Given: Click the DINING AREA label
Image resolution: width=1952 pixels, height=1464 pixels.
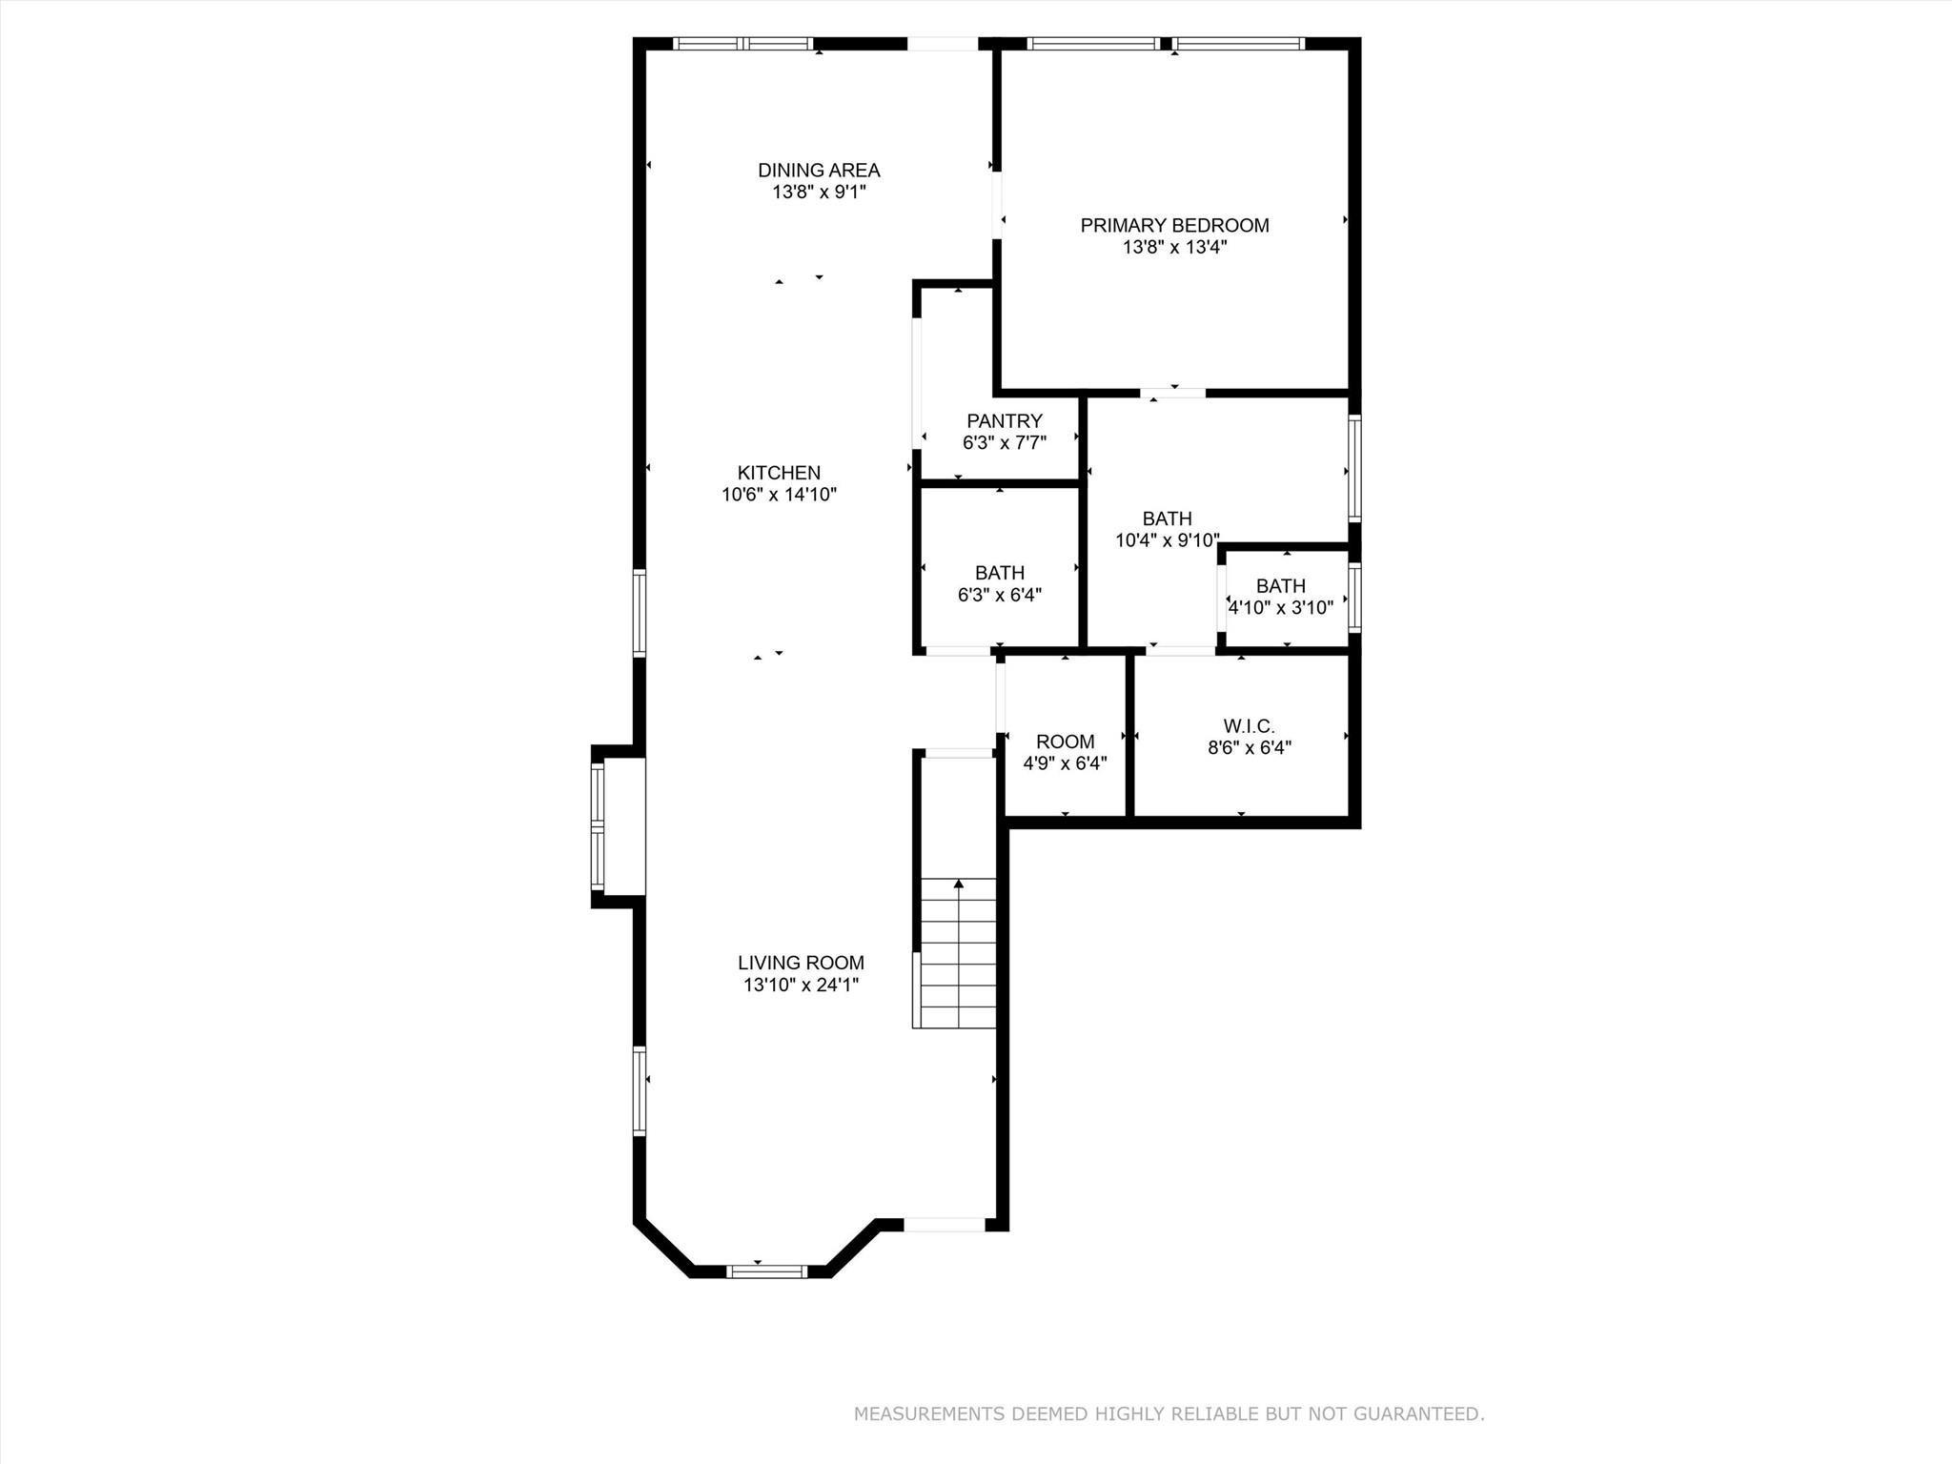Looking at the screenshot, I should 819,171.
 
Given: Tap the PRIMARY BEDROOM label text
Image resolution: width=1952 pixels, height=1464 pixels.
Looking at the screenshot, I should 1174,226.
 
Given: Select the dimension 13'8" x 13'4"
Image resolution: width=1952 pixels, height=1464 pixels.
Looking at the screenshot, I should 1174,248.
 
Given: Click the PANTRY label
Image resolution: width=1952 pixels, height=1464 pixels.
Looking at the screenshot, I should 1004,421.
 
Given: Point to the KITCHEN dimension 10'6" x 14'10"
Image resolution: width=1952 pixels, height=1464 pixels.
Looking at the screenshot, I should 779,495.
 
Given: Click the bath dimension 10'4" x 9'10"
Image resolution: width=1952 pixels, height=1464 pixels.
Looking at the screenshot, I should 1167,540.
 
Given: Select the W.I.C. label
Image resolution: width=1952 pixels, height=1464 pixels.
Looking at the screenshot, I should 1249,727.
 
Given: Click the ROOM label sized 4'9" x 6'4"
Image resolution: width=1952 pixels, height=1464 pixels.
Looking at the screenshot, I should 1065,742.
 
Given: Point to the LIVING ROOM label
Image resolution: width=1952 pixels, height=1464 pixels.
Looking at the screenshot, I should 801,964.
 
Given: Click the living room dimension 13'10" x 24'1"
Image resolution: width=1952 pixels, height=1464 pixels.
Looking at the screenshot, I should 801,986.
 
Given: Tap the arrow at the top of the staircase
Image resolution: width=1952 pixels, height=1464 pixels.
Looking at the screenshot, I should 959,884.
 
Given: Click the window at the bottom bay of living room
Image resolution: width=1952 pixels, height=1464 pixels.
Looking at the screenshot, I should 766,1271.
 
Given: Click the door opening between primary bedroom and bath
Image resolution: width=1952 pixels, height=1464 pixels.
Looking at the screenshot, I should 1173,392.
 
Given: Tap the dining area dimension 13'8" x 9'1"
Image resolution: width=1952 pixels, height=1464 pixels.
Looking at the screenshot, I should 819,193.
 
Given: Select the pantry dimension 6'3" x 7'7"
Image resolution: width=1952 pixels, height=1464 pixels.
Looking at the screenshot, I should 1004,443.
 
